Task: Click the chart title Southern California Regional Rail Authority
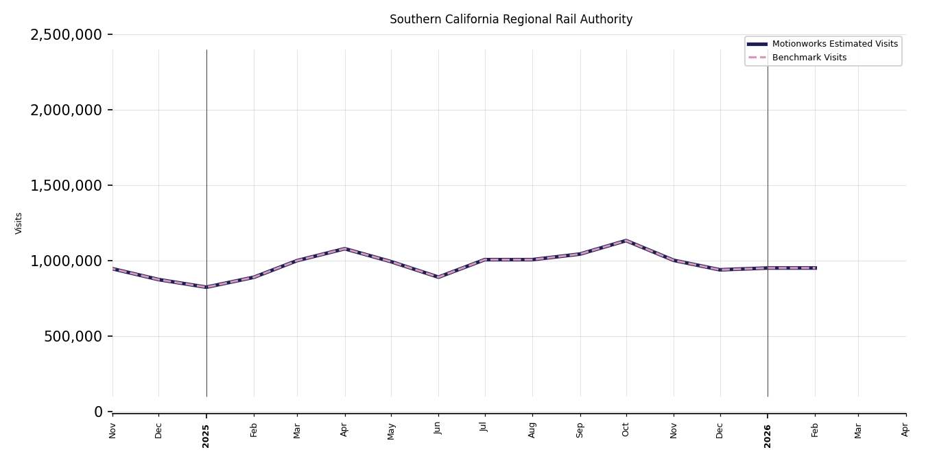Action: coord(511,20)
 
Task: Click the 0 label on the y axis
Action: coord(98,412)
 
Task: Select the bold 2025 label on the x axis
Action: coord(206,436)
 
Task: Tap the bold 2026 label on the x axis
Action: coord(768,436)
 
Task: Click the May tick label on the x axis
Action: coord(391,431)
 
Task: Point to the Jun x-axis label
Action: coord(438,428)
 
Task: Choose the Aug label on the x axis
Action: coord(532,429)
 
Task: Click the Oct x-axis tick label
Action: coord(626,429)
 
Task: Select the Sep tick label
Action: coord(580,429)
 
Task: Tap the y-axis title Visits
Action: coord(19,223)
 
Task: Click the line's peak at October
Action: coord(626,241)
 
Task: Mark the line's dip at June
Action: coord(438,277)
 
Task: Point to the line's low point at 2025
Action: coord(206,287)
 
